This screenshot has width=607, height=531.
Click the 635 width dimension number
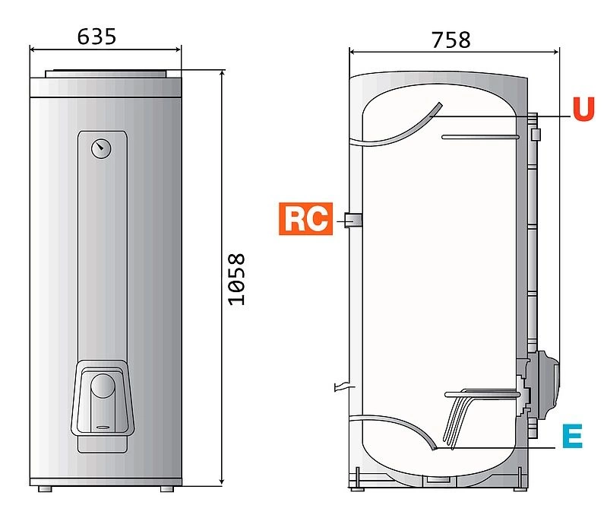pyautogui.click(x=96, y=37)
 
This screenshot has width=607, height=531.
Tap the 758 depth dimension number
pyautogui.click(x=451, y=40)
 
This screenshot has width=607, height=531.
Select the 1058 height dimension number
pyautogui.click(x=237, y=279)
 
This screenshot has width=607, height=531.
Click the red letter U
pyautogui.click(x=583, y=109)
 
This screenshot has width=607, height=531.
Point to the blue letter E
pyautogui.click(x=573, y=436)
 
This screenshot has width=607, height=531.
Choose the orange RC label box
pyautogui.click(x=306, y=218)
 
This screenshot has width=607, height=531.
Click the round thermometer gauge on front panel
pyautogui.click(x=101, y=148)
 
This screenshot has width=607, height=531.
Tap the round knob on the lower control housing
pyautogui.click(x=103, y=386)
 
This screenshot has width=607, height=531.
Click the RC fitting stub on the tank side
pyautogui.click(x=353, y=220)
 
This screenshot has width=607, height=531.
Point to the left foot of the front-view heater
pyautogui.click(x=45, y=489)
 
